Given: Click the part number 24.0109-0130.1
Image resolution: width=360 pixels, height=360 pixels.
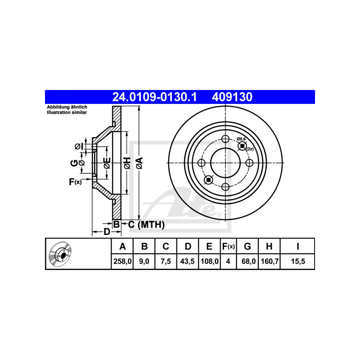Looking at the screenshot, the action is pyautogui.click(x=154, y=97).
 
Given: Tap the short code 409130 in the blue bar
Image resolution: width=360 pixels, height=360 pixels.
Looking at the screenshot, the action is pyautogui.click(x=232, y=97).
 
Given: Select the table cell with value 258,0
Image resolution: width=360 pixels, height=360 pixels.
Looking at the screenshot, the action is pyautogui.click(x=122, y=261).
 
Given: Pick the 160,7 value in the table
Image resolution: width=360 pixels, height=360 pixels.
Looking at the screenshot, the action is pyautogui.click(x=270, y=261).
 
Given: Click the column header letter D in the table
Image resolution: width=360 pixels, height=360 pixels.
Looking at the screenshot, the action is pyautogui.click(x=188, y=246).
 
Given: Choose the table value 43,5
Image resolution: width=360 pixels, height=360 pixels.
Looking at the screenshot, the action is pyautogui.click(x=187, y=261).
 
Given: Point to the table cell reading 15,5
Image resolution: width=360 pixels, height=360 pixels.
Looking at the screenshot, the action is pyautogui.click(x=298, y=261).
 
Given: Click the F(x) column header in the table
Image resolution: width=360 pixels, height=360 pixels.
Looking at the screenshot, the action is pyautogui.click(x=229, y=246).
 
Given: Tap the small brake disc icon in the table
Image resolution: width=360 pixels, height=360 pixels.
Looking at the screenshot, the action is pyautogui.click(x=60, y=253).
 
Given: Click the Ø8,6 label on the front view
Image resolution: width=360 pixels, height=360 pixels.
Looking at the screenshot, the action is pyautogui.click(x=241, y=139).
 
